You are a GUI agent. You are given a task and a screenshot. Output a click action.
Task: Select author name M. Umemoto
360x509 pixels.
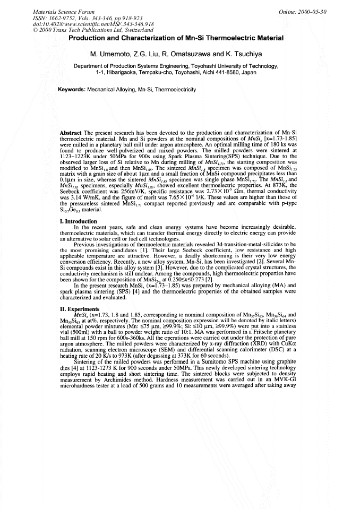click(x=108, y=55)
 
